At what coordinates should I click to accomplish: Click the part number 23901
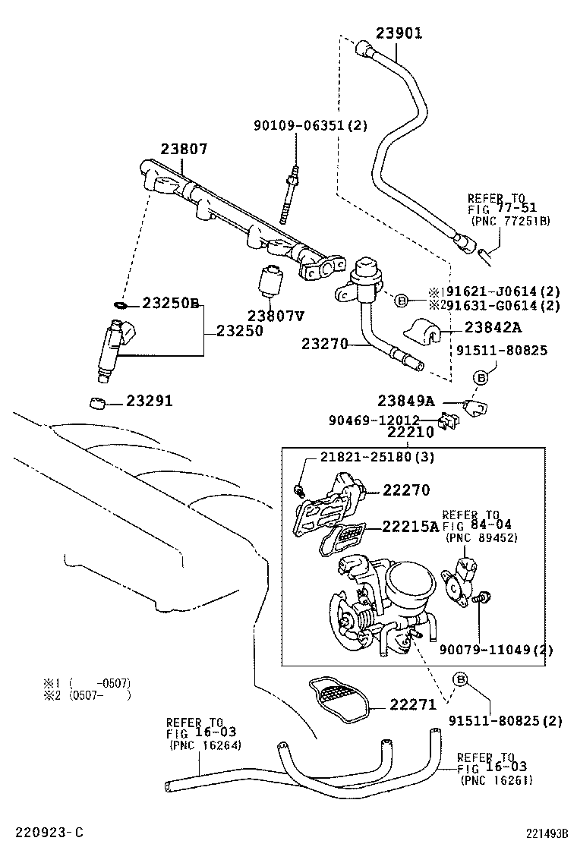point(399,33)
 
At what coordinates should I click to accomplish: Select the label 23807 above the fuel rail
point(183,150)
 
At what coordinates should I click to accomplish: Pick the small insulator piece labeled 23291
point(96,402)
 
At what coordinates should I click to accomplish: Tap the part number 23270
point(325,344)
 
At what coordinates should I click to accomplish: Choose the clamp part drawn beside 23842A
point(428,329)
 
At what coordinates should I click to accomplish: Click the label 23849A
point(406,401)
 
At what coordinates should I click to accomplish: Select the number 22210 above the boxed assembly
point(410,433)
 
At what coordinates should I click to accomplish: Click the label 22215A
point(410,526)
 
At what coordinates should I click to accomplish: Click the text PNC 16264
point(204,745)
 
